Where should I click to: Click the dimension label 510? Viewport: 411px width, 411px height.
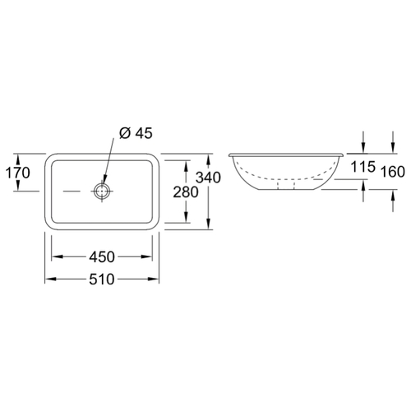click(102, 279)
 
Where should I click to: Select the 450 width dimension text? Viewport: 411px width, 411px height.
click(102, 257)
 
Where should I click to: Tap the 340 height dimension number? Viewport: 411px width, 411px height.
click(208, 178)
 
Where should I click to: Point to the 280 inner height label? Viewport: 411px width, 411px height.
click(186, 192)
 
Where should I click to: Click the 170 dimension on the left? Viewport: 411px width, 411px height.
click(17, 173)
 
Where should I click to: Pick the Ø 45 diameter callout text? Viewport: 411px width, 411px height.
click(136, 133)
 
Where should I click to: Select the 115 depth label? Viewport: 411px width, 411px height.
click(363, 167)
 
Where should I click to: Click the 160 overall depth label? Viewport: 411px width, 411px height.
click(393, 172)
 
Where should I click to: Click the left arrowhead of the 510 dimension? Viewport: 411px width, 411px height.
click(50, 279)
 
